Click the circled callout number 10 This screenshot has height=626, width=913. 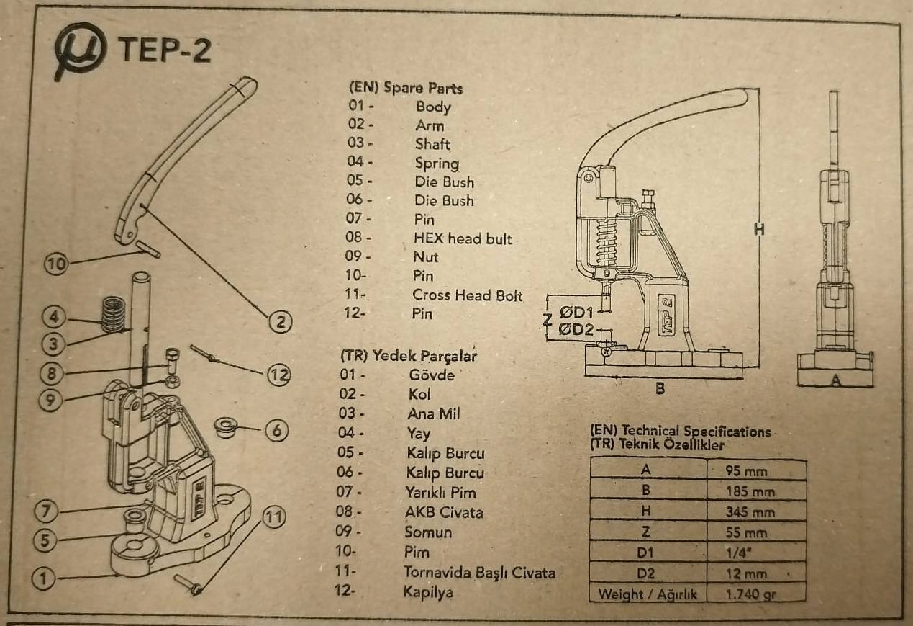(56, 264)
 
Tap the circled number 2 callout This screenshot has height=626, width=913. (281, 321)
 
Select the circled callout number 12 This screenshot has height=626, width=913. (279, 375)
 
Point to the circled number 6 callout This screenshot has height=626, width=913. (277, 430)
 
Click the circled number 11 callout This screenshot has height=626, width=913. (273, 517)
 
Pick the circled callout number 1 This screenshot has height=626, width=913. (44, 578)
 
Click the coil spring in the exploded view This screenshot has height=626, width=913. (112, 314)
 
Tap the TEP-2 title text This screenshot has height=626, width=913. (165, 50)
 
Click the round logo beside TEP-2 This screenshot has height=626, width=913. (80, 50)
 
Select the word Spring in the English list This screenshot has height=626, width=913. (437, 164)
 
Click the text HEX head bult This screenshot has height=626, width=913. (463, 238)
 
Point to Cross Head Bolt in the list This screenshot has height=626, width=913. (467, 295)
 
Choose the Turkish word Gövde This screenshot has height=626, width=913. (432, 375)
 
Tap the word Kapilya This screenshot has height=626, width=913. (428, 592)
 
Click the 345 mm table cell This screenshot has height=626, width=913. (750, 511)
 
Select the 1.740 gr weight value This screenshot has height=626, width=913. (750, 594)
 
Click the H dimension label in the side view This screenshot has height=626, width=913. (759, 230)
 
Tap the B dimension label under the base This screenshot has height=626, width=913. (660, 388)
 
